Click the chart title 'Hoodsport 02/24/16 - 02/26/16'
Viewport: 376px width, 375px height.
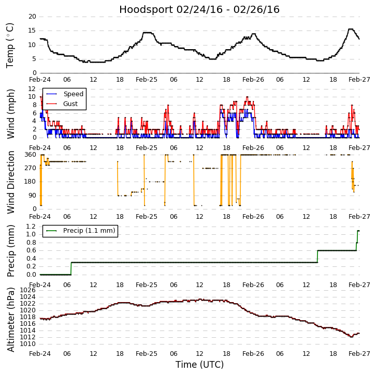(199, 10)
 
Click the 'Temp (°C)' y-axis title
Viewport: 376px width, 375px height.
(10, 45)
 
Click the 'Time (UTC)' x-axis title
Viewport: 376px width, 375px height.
(199, 365)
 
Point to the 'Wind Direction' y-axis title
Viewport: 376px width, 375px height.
(10, 182)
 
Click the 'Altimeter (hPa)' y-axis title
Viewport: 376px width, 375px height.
(10, 320)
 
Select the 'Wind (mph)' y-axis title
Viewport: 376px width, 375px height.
(10, 113)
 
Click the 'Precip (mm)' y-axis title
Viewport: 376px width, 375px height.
(10, 250)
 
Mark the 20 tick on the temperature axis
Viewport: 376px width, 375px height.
(32, 17)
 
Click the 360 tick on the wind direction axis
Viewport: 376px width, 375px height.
(30, 155)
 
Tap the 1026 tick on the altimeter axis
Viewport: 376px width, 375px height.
(28, 290)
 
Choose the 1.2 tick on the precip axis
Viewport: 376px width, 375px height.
(31, 227)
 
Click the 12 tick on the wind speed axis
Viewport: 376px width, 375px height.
(32, 89)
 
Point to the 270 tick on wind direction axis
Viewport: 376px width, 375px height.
(30, 168)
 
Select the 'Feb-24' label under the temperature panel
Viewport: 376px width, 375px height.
(40, 81)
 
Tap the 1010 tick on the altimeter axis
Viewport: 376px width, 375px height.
(28, 344)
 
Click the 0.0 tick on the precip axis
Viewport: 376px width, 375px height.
(31, 275)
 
